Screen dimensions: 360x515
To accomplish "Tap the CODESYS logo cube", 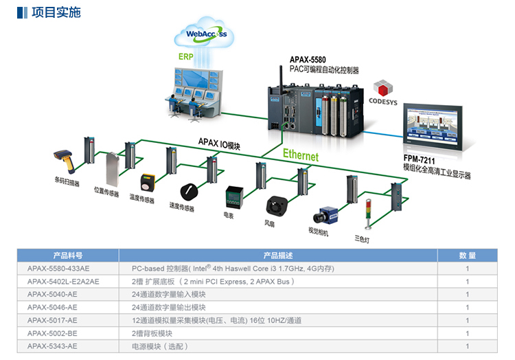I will (382, 89).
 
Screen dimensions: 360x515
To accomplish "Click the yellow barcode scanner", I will (65, 163).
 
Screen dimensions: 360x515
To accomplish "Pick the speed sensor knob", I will (187, 190).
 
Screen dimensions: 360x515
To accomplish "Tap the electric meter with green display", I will (233, 198).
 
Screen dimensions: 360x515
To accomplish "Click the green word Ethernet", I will (301, 156).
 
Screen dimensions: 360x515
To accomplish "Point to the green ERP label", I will (185, 56).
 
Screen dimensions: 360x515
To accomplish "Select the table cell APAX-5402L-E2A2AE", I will (63, 281).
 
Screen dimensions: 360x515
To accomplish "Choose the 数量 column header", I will (467, 256).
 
